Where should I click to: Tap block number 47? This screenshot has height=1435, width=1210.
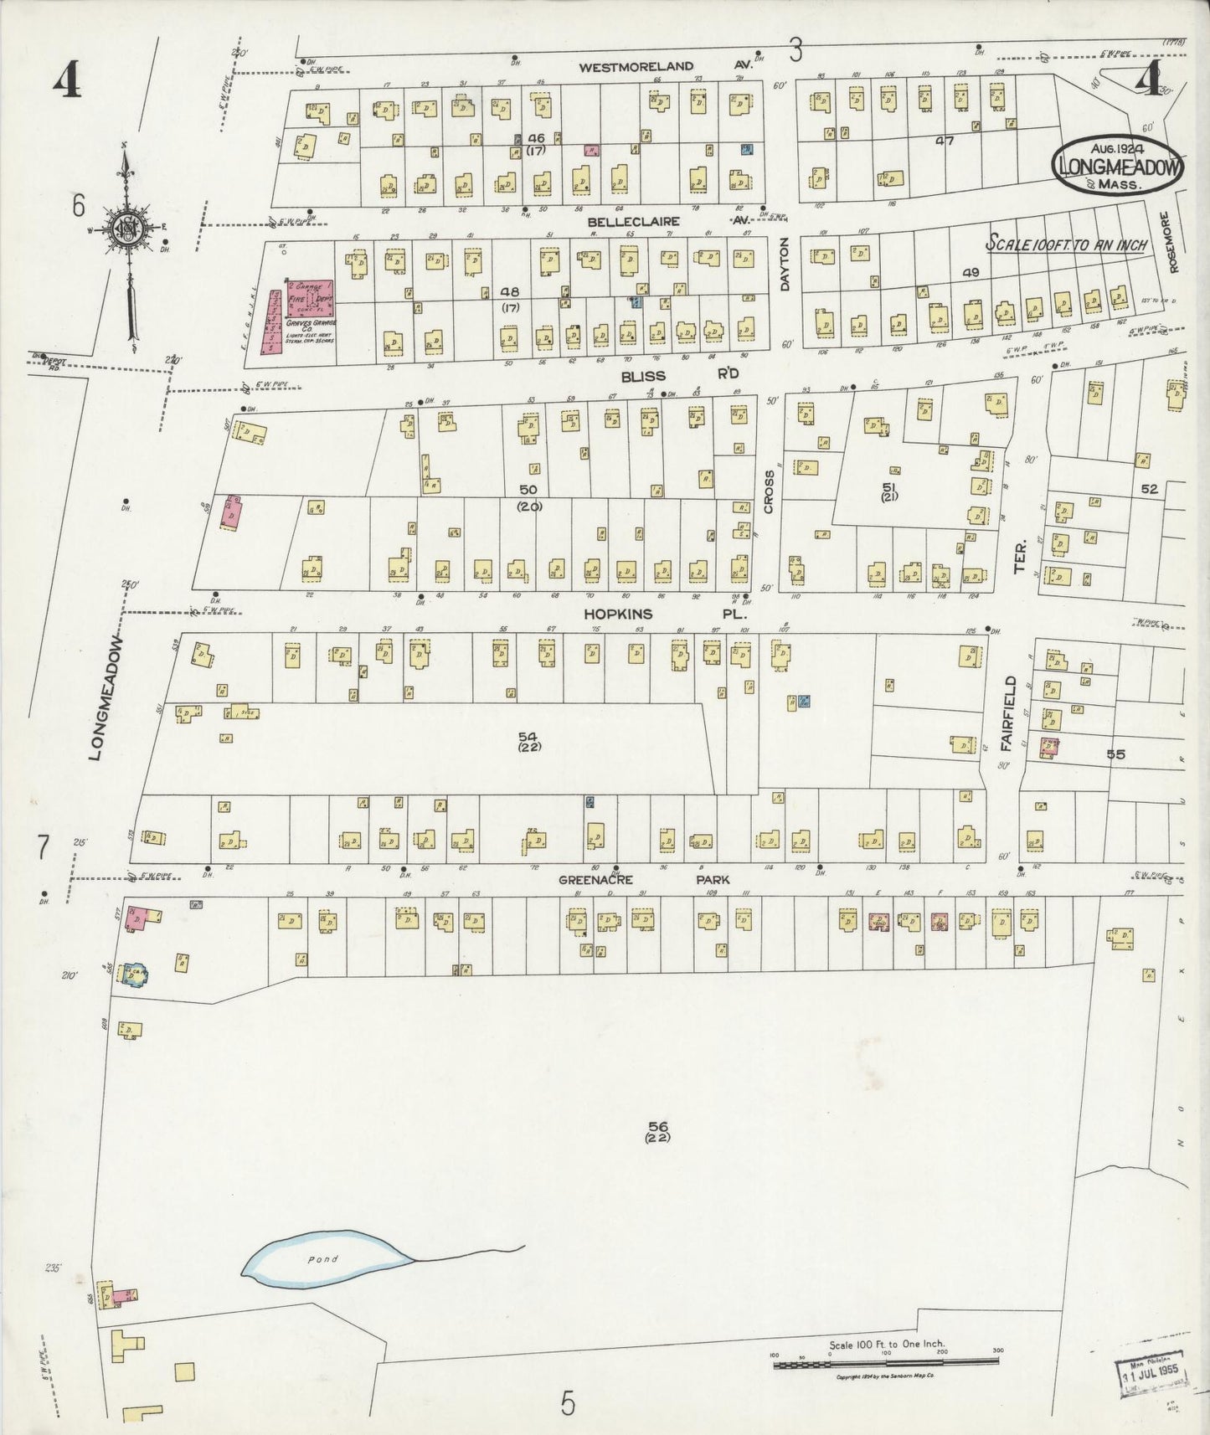[x=945, y=141]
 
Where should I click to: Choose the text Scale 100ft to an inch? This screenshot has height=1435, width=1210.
[x=1068, y=245]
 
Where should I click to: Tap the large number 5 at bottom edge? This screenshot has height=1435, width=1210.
[x=568, y=1402]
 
